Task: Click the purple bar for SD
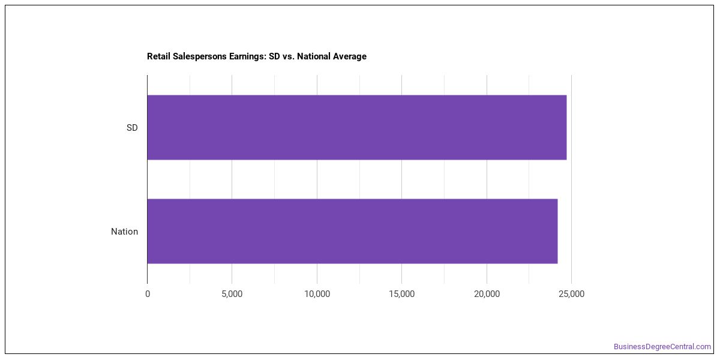[357, 127]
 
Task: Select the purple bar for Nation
[352, 231]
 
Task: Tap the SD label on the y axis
[132, 128]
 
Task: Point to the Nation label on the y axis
[124, 232]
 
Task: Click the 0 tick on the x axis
[148, 294]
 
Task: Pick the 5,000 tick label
[232, 294]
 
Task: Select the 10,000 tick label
[317, 294]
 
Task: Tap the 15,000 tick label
[402, 294]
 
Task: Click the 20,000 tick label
[487, 294]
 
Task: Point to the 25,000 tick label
[571, 294]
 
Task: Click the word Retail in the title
[158, 56]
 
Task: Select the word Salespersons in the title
[200, 56]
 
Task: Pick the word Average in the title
[350, 56]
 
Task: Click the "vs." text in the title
[289, 57]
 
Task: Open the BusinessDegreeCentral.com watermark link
[662, 347]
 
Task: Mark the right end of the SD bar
[566, 127]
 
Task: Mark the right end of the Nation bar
[557, 231]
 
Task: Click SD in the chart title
[274, 56]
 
